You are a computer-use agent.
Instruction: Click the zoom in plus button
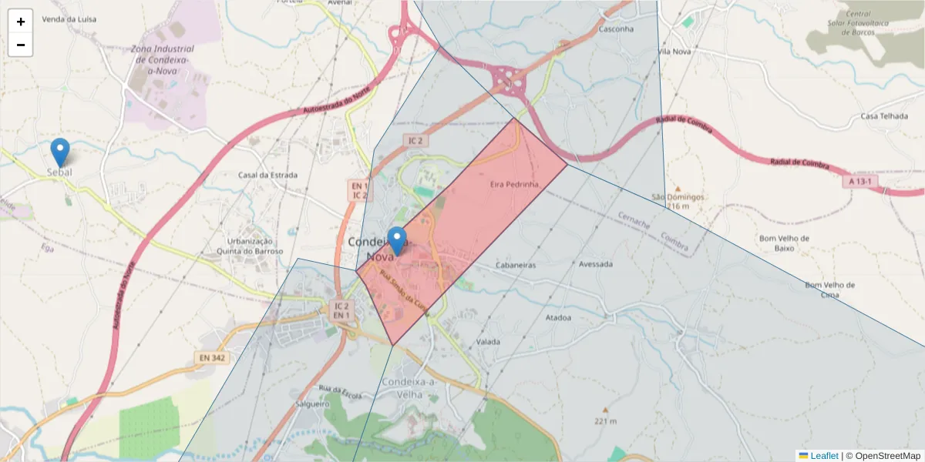tap(21, 22)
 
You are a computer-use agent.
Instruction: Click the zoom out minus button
tap(21, 45)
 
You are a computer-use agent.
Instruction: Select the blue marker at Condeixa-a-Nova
tap(397, 241)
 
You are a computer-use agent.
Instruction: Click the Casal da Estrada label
tap(267, 175)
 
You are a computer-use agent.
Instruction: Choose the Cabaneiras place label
tap(516, 264)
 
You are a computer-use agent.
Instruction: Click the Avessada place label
tap(595, 264)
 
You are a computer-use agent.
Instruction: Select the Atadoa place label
tap(558, 317)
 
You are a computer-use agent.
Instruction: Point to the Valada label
tap(489, 341)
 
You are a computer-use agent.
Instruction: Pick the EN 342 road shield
tap(214, 357)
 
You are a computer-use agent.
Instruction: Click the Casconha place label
tap(616, 29)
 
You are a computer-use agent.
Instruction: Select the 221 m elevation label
tap(605, 421)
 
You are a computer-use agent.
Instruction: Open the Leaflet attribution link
tap(824, 456)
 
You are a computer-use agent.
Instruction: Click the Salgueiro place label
tap(312, 403)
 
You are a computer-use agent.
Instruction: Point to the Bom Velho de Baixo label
tap(784, 243)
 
